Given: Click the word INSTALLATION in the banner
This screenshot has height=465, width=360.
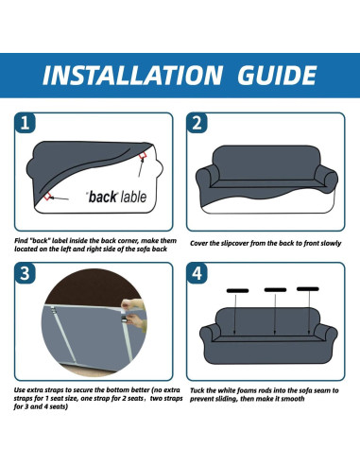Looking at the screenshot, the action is pos(132,76).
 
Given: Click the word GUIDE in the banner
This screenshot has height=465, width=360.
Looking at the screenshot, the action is pos(277,76).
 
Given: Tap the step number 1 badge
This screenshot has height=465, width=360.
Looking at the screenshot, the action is pos(25,123).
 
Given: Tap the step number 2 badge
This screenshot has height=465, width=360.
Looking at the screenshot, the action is pos(197,123).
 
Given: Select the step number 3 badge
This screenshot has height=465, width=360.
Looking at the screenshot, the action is pos(25,273).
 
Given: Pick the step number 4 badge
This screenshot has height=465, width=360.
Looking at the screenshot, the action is pos(197,273).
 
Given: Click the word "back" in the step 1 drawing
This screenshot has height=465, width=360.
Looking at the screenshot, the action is pos(102,198).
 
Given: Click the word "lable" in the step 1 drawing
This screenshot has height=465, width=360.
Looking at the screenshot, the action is pos(133,198).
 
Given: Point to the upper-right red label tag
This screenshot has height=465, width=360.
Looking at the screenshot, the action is pos(143,155).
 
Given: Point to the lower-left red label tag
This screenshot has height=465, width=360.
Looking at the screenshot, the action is pos(47,197).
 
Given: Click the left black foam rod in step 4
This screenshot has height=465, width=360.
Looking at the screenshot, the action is pos(237,290).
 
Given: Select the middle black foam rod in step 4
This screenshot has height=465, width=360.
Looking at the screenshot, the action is pos(275,290).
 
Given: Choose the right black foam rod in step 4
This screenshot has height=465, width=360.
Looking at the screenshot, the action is pos(308,289).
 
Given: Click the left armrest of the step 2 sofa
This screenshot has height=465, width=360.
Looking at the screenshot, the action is pos(207,178).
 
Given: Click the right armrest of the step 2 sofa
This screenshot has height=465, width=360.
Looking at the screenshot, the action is pos(326,178).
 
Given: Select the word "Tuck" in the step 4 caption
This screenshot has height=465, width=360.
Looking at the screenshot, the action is pos(197,390).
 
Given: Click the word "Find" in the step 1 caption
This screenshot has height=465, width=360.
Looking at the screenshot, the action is pos(21,241).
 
